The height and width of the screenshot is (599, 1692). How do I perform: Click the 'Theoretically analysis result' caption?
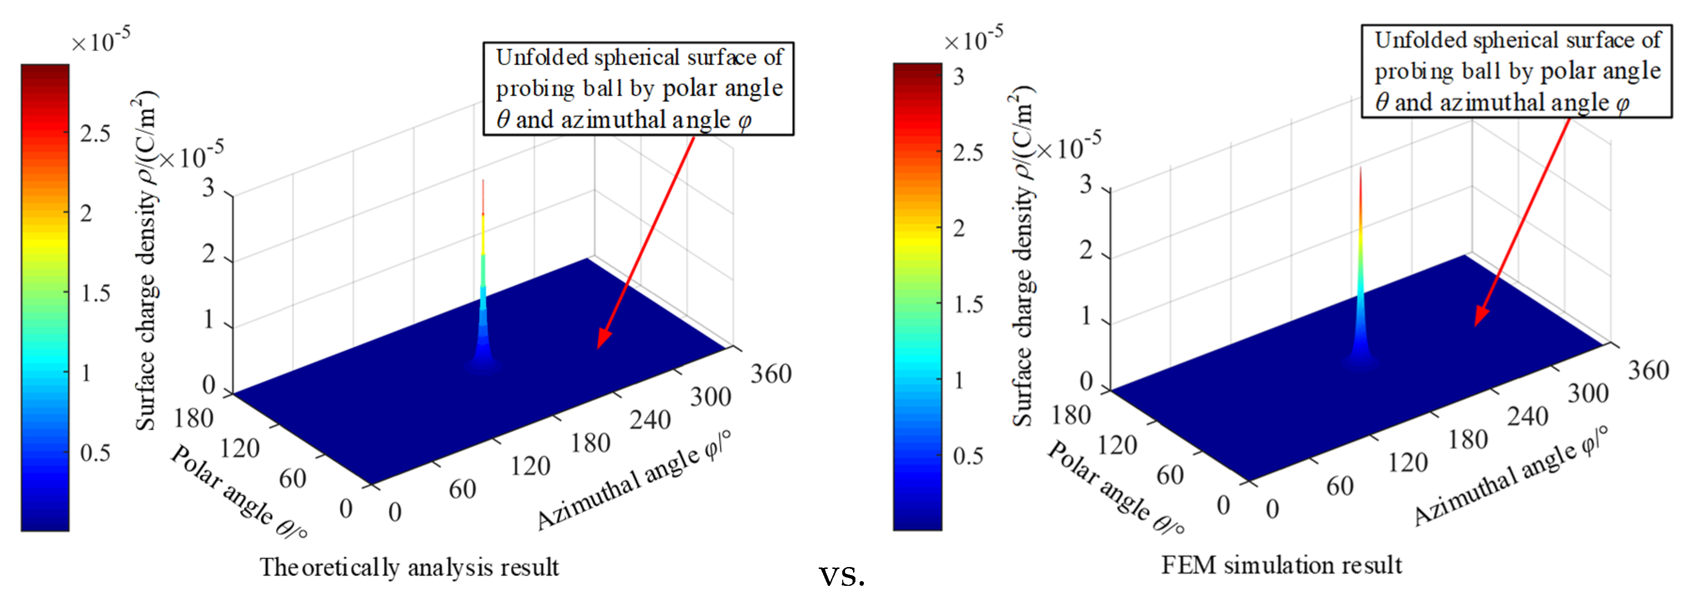(x=409, y=567)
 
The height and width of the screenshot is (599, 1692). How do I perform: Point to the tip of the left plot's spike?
(x=483, y=181)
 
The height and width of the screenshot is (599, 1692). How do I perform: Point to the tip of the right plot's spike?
(x=1360, y=168)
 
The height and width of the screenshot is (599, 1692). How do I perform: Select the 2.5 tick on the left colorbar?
(x=95, y=134)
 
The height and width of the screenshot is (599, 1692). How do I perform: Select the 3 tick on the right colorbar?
(x=959, y=77)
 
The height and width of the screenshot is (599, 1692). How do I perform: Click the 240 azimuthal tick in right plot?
(x=1527, y=417)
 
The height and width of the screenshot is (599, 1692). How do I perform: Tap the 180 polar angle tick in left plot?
(x=193, y=418)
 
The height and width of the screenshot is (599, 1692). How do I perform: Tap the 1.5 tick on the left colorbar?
(x=95, y=293)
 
